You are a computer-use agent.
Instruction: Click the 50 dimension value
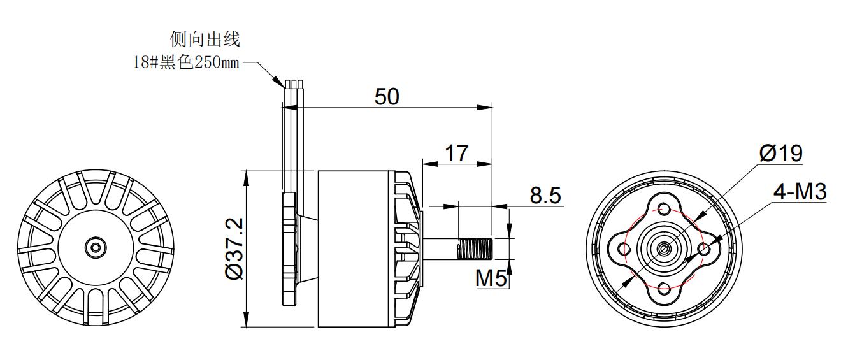point(387,96)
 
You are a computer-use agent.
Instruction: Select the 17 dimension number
point(457,154)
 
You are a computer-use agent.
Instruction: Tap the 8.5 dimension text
point(545,196)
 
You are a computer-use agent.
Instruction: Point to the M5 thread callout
point(491,278)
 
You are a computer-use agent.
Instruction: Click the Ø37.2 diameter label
point(234,248)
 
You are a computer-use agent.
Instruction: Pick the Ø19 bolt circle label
point(780,153)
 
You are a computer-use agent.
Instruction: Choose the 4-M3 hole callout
point(800,192)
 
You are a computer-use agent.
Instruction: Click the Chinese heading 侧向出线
point(205,39)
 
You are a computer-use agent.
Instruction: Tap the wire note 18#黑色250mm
point(186,62)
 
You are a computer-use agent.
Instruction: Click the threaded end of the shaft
point(475,249)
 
